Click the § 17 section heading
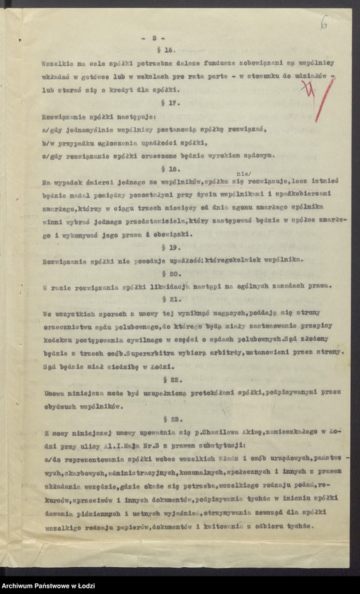tap(170, 103)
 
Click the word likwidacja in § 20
tap(151, 287)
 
